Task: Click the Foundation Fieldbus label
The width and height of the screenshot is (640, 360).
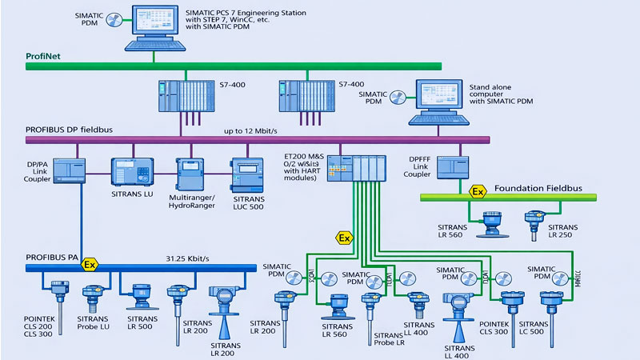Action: pyautogui.click(x=539, y=189)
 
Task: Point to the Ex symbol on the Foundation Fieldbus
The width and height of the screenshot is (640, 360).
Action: pyautogui.click(x=478, y=192)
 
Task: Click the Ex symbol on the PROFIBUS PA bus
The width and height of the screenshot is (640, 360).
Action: pyautogui.click(x=90, y=264)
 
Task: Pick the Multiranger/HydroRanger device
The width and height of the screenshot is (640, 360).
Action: pyautogui.click(x=191, y=173)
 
